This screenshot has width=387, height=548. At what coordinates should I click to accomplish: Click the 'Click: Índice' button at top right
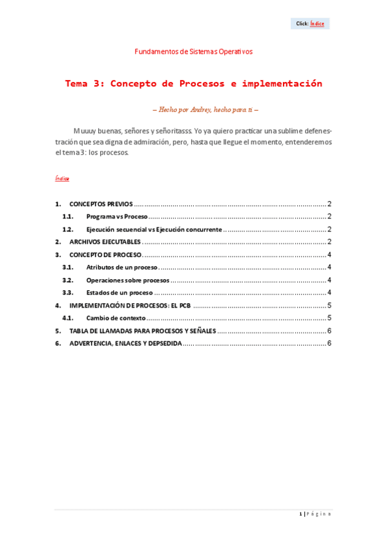[x=310, y=24]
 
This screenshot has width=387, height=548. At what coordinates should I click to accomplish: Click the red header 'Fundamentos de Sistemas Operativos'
[x=194, y=52]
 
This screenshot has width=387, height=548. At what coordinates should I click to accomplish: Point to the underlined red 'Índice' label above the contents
[x=62, y=178]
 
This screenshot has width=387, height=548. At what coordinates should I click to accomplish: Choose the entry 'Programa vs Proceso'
[x=117, y=216]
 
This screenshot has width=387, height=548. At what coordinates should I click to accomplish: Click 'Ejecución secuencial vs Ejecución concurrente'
[x=154, y=229]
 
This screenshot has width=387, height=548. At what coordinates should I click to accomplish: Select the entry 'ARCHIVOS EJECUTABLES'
[x=105, y=242]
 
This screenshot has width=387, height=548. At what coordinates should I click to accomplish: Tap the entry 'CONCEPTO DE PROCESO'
[x=105, y=255]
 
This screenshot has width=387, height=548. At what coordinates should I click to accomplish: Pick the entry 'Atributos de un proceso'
[x=121, y=267]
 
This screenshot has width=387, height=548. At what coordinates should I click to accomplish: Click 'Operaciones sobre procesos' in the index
[x=127, y=280]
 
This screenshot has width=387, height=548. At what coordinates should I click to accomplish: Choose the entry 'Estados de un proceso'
[x=120, y=293]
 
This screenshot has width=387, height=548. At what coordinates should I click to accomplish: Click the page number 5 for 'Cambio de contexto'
[x=329, y=318]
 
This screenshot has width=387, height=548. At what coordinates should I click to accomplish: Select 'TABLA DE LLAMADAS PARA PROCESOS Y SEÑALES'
[x=142, y=331]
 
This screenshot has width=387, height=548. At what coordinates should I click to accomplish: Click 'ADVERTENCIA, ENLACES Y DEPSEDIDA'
[x=125, y=343]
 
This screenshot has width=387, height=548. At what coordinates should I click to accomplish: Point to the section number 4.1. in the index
[x=68, y=318]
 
